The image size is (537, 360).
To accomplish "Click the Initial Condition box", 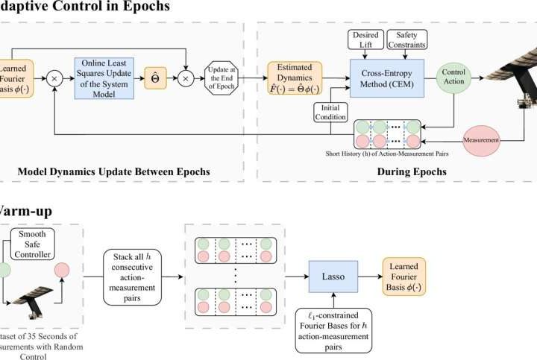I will point(330,113).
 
